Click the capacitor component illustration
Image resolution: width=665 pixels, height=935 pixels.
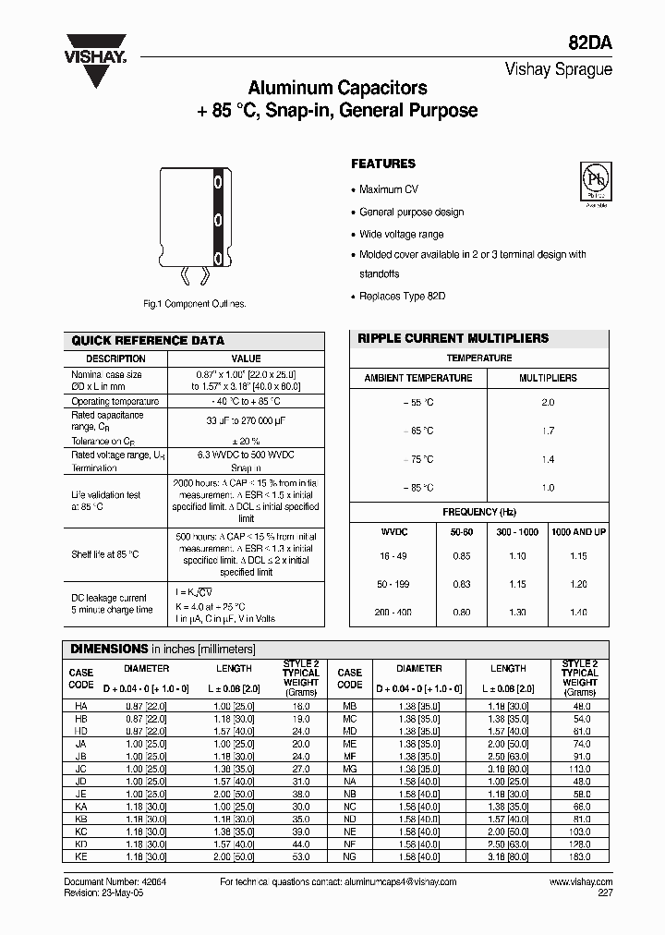coord(193,224)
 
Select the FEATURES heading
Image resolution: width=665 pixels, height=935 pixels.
coord(383,164)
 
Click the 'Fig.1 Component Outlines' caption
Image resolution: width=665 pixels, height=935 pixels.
coord(194,303)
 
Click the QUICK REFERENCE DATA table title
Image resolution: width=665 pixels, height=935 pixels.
coord(148,340)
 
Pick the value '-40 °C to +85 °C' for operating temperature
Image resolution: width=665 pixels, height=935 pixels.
coord(246,401)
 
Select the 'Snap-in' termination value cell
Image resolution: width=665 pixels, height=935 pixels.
coord(246,468)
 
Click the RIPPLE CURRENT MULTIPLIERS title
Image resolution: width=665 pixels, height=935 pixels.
coord(453,338)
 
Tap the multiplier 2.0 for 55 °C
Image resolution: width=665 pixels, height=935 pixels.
coord(548,403)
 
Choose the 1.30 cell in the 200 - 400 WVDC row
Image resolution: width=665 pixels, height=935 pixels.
coord(517,613)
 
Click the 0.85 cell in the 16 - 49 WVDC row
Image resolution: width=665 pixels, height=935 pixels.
coord(461,556)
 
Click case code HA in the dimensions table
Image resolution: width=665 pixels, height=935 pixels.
coord(81,705)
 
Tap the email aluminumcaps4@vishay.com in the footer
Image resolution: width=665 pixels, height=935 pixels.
coord(405,882)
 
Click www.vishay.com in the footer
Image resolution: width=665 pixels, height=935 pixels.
coord(580,882)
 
